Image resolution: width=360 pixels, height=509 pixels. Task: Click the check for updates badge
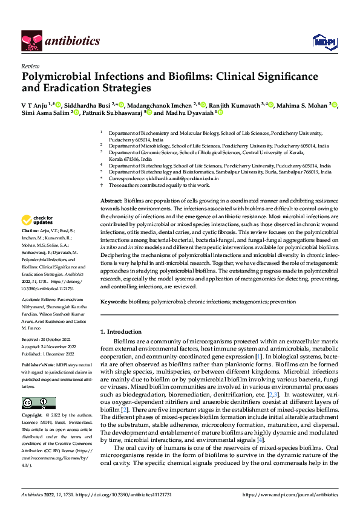pyautogui.click(x=38, y=220)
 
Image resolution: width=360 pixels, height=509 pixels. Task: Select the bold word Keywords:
pyautogui.click(x=114, y=300)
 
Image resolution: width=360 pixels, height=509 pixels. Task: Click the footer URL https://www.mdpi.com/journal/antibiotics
pyautogui.click(x=290, y=494)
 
